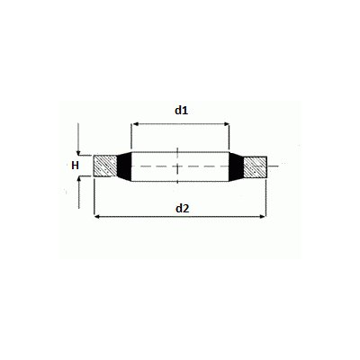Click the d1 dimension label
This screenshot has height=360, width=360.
(x=180, y=110)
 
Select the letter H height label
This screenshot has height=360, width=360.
(x=76, y=166)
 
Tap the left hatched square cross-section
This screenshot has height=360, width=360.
(x=105, y=166)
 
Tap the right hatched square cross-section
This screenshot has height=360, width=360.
(x=256, y=166)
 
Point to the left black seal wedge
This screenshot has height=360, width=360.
(x=123, y=166)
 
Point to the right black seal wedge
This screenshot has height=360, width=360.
(x=238, y=166)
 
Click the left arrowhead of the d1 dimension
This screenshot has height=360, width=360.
(x=136, y=125)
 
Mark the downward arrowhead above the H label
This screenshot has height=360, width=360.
(x=80, y=152)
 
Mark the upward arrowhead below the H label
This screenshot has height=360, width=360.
(x=80, y=180)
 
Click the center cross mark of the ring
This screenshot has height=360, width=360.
(x=180, y=166)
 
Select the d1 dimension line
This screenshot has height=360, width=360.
(x=180, y=125)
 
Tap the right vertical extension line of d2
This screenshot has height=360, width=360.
(x=267, y=198)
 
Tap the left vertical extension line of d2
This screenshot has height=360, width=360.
(x=94, y=198)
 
